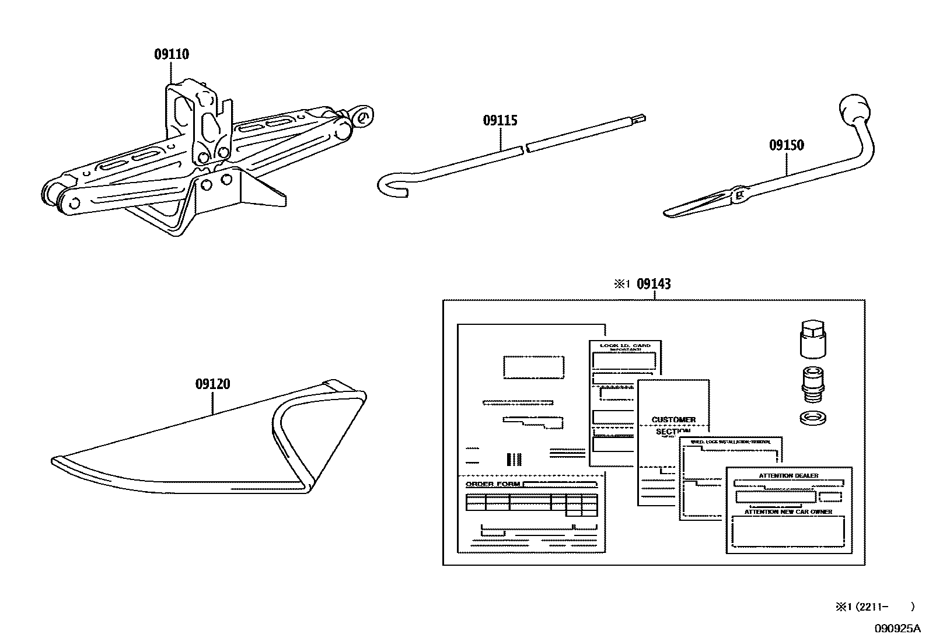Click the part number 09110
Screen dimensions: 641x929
pos(172,54)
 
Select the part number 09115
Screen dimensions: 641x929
pos(500,121)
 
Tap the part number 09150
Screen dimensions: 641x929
pos(786,145)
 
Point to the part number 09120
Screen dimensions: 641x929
pos(212,384)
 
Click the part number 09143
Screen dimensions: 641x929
pos(654,284)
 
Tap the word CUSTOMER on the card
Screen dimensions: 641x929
pos(673,419)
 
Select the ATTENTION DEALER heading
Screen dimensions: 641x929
pos(788,475)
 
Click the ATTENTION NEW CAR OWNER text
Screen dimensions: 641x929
pos(788,512)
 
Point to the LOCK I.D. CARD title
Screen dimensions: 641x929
pos(625,346)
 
